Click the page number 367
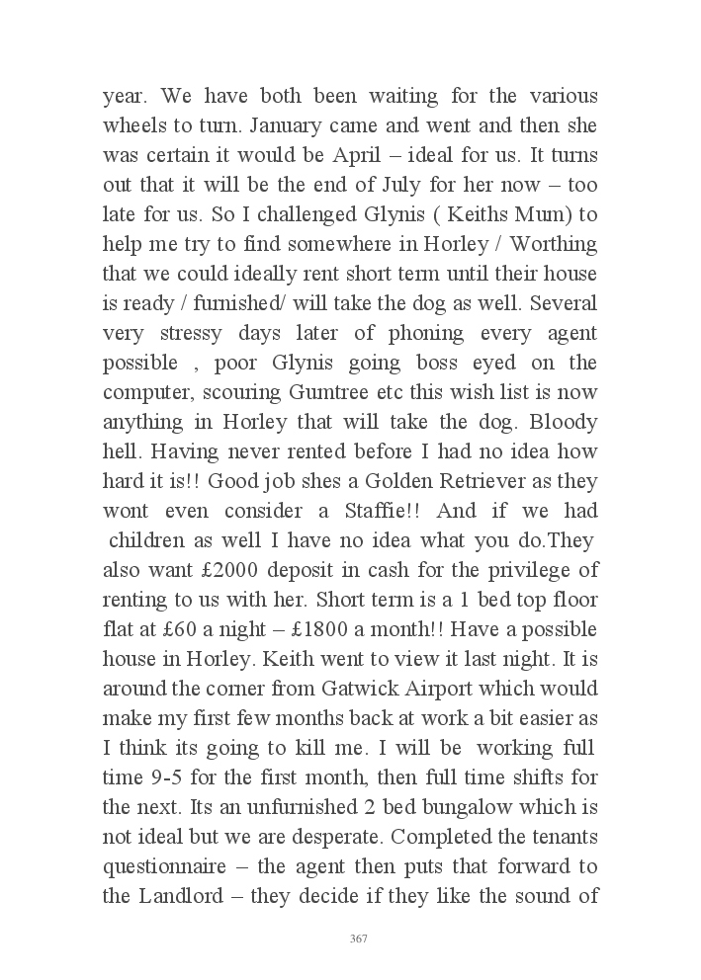coord(359,939)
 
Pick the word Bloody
coord(564,422)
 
